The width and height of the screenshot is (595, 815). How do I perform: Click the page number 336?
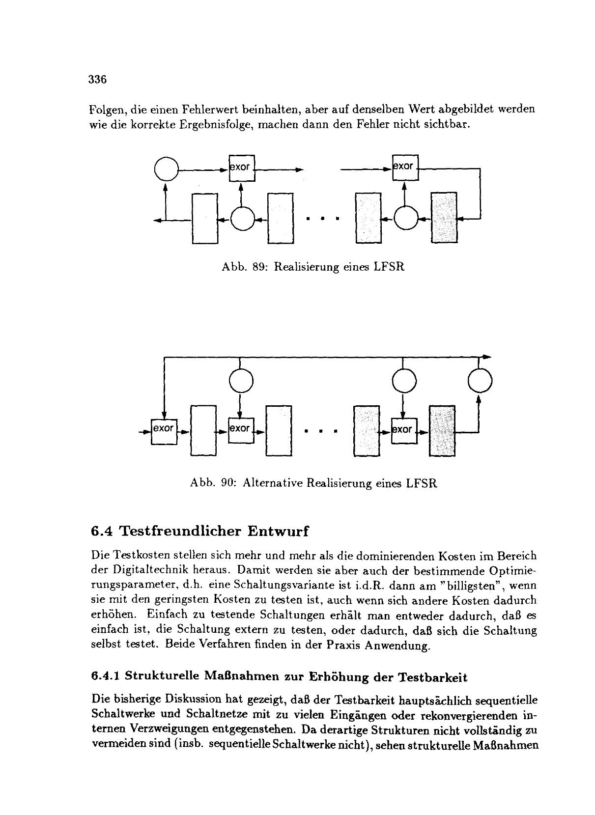click(x=97, y=80)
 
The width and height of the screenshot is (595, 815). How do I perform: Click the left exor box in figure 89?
click(x=241, y=168)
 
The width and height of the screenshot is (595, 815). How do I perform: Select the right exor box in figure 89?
click(x=404, y=167)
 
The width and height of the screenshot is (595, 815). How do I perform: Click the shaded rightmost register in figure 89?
click(x=444, y=217)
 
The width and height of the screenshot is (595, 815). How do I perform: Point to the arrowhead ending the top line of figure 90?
click(x=486, y=356)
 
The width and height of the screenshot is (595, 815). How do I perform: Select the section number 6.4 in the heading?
click(x=102, y=532)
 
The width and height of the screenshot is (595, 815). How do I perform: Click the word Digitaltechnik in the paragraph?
click(x=142, y=571)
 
